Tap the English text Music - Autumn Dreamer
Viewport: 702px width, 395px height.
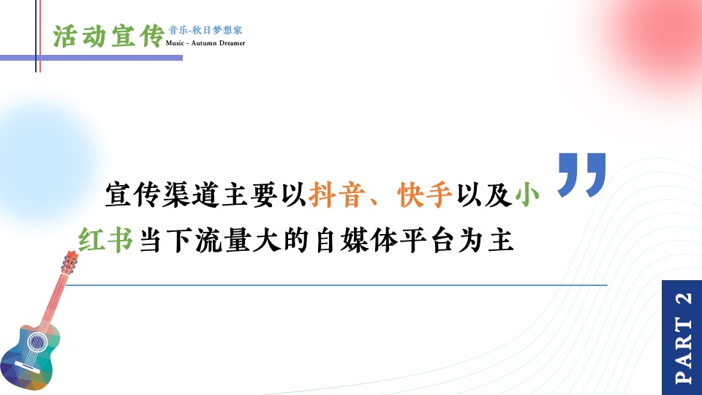[x=205, y=43]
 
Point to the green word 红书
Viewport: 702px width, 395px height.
[x=106, y=240]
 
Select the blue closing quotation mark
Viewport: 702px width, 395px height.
[x=582, y=174]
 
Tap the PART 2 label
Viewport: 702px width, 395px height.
[x=682, y=337]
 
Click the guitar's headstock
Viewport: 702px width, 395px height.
[x=69, y=263]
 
